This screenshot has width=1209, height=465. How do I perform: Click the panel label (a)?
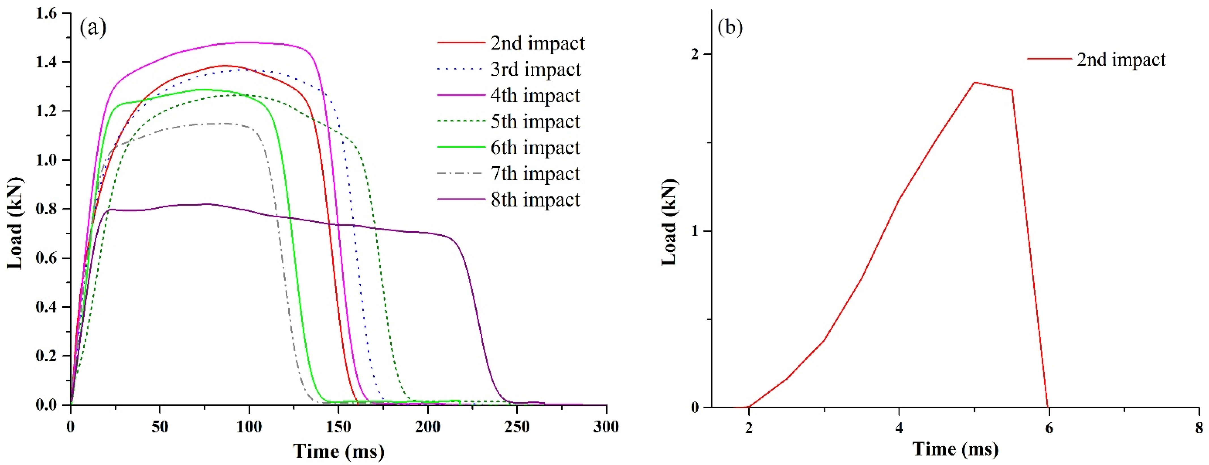[93, 28]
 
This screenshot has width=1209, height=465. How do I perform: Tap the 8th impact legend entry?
[535, 199]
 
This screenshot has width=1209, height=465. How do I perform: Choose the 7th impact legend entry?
[535, 174]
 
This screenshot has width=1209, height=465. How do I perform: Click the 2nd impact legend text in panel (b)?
[1121, 60]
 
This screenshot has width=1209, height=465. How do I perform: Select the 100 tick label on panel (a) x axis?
[249, 427]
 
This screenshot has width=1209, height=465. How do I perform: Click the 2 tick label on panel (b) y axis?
[695, 54]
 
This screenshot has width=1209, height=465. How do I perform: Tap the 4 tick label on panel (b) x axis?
[899, 428]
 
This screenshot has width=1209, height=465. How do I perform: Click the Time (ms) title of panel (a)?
[338, 451]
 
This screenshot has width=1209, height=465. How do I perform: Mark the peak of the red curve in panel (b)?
[974, 82]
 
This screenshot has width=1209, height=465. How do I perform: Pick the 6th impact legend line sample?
[461, 147]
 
